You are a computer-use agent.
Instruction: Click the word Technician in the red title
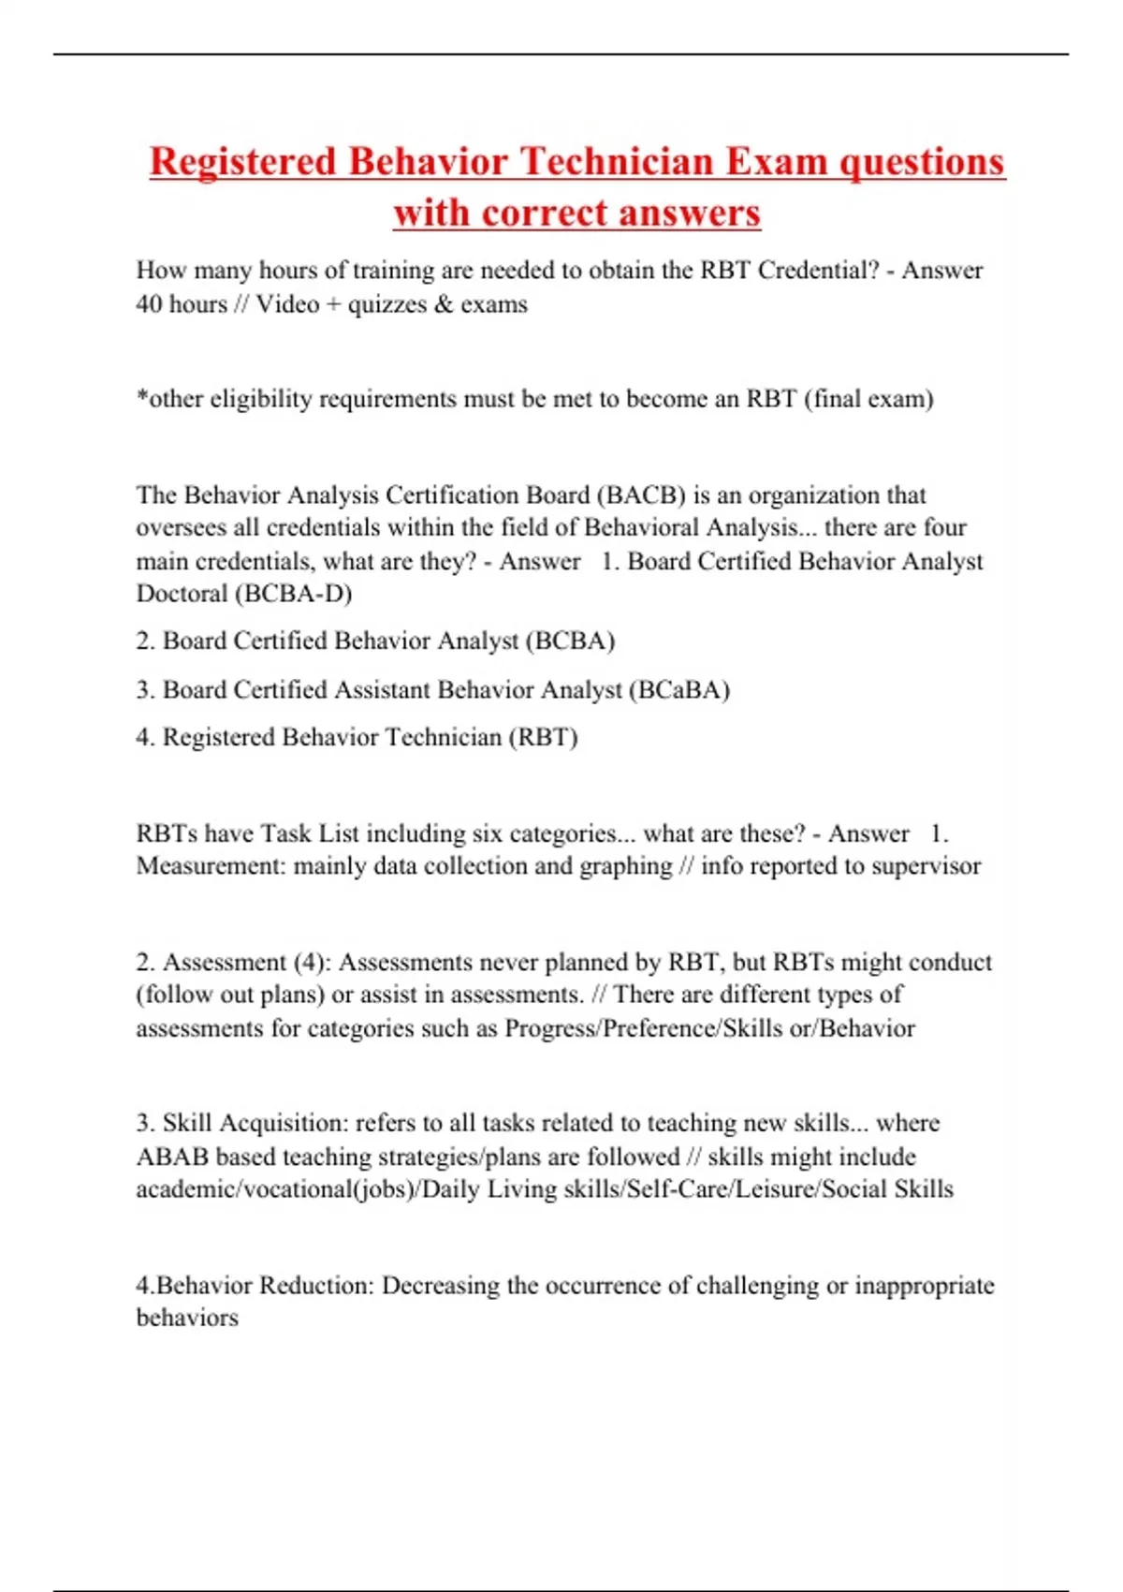pos(617,162)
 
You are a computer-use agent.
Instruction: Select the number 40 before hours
pos(150,304)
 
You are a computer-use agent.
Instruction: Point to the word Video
pos(287,304)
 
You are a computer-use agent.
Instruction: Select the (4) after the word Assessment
pos(309,963)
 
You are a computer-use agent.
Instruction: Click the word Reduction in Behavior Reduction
pos(315,1286)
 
